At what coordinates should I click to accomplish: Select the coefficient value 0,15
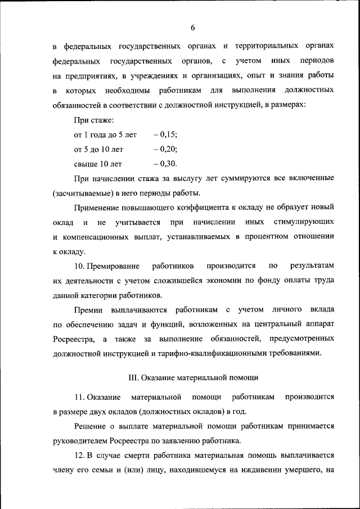tap(168, 135)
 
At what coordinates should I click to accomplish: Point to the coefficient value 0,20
tap(168, 150)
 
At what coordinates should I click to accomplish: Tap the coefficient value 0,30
tap(168, 164)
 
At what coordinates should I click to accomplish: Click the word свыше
tap(85, 164)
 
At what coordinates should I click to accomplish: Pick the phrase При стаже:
tap(94, 120)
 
